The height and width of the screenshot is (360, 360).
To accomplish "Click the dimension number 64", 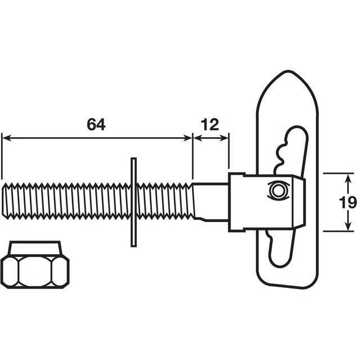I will click(x=96, y=124).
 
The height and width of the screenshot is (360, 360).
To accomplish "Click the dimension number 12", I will click(x=210, y=124).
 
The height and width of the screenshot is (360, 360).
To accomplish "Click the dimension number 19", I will click(x=349, y=202).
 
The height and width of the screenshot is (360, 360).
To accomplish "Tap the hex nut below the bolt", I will click(x=34, y=271).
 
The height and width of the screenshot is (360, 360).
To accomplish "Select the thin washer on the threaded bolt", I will click(x=133, y=202).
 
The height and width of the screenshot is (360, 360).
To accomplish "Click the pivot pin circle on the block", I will click(x=277, y=190).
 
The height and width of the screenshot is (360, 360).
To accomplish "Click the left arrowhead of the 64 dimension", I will click(x=5, y=136).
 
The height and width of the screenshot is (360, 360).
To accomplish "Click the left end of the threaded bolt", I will click(x=5, y=202).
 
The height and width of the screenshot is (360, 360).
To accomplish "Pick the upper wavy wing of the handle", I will click(x=292, y=149).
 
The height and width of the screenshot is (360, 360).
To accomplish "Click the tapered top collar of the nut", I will click(x=35, y=247).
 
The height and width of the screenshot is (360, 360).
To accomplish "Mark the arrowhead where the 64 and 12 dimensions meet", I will click(x=193, y=136).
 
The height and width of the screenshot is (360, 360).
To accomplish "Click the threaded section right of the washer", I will click(x=163, y=202).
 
